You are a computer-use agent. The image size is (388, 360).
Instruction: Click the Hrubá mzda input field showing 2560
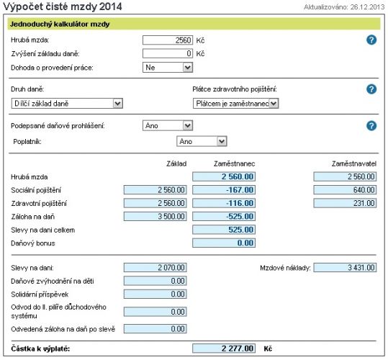pos(168,40)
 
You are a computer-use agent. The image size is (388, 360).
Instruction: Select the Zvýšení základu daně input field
pos(168,53)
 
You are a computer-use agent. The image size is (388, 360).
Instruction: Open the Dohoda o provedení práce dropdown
pos(168,67)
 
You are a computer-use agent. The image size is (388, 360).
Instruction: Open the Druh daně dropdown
pos(67,104)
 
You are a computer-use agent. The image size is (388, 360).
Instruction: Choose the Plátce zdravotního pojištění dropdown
pos(235,104)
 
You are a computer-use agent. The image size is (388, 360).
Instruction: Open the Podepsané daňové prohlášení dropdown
pos(168,126)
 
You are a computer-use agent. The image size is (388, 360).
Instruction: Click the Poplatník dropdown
pos(202,142)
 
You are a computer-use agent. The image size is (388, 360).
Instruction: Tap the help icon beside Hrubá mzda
pos(371,40)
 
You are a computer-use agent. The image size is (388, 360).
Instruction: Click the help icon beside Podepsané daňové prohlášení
pos(371,126)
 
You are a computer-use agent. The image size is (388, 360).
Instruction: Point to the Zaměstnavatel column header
pos(354,163)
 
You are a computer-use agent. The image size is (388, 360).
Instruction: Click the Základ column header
pos(176,163)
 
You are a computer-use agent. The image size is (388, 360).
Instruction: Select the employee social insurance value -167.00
pos(224,190)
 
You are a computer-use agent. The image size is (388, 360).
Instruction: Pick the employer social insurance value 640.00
pos(345,190)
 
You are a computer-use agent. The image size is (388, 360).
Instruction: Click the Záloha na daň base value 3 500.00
pos(155,216)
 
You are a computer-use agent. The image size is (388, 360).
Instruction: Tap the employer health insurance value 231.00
pos(345,203)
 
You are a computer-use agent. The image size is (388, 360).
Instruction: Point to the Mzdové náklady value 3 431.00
pos(345,267)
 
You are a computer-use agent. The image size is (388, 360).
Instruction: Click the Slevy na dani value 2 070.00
pos(155,267)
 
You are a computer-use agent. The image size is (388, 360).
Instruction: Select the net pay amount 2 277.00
pos(224,348)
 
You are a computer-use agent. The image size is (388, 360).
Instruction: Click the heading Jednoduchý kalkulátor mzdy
pos(60,24)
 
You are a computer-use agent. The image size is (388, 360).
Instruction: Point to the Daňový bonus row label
pos(33,243)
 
